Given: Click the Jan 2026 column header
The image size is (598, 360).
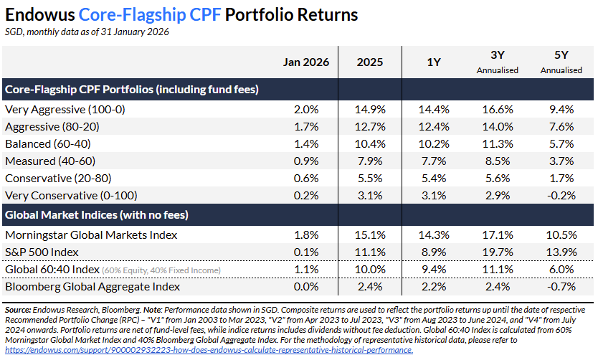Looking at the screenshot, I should point(306,62).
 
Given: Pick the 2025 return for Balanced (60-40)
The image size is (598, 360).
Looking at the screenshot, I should point(371,144).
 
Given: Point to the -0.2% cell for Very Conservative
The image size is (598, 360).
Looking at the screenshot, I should point(561,196).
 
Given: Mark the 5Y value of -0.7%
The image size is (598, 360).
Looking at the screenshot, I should point(561,287).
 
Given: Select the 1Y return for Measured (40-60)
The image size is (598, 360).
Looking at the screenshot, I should point(437,161).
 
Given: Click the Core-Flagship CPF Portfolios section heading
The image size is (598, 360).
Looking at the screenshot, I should point(131,90).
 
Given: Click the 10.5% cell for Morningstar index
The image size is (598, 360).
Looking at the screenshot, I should point(561,235).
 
